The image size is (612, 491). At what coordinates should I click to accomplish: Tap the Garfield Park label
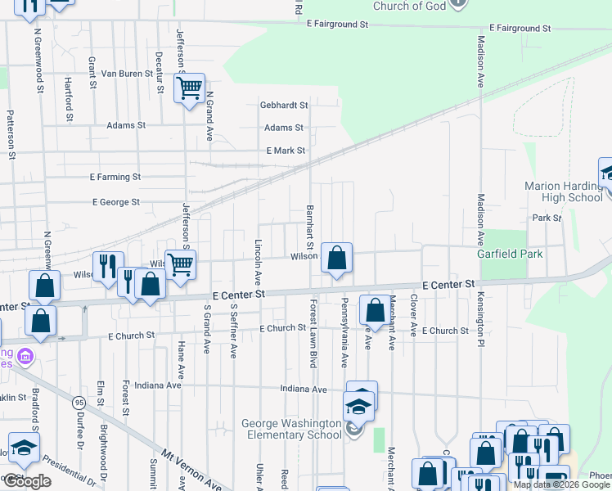pos(511,254)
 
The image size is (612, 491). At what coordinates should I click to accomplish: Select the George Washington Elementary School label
pos(291,429)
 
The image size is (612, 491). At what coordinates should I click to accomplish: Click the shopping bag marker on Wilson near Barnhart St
pos(336,259)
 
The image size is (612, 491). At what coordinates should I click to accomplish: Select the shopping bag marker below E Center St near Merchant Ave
pos(375,310)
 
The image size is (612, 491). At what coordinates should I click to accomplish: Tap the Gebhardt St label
pos(284,106)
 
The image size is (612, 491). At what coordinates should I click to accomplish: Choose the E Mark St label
pos(286,151)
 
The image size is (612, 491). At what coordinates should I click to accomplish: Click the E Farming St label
pos(115,177)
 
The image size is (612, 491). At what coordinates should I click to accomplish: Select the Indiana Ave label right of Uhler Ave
pos(304,389)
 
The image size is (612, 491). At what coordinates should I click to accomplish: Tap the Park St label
pos(547,218)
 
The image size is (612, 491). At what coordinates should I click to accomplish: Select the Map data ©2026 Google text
pos(561,484)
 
